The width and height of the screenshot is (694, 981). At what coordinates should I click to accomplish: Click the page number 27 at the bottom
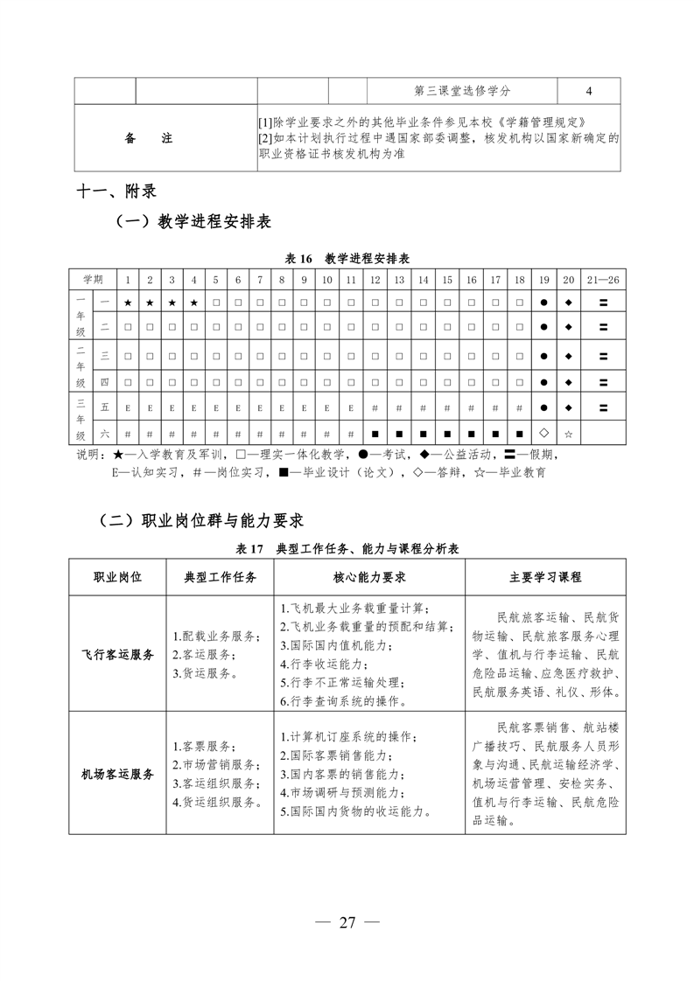coord(347,923)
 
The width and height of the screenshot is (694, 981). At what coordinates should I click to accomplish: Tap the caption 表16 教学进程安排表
coord(347,259)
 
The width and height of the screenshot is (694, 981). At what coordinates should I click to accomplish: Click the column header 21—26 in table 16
coord(603,279)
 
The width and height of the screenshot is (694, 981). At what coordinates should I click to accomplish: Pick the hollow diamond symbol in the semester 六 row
coord(543,432)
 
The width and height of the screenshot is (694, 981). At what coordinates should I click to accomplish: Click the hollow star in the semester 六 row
coord(568,432)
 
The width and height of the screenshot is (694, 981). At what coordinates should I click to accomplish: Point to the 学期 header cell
coord(93,279)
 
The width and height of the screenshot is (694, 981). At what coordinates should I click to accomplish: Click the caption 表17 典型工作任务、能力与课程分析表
coord(347,549)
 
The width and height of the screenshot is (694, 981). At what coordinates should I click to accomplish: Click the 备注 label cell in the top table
coord(149,138)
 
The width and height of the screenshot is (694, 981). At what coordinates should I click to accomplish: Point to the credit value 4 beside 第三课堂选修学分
coord(588,91)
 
